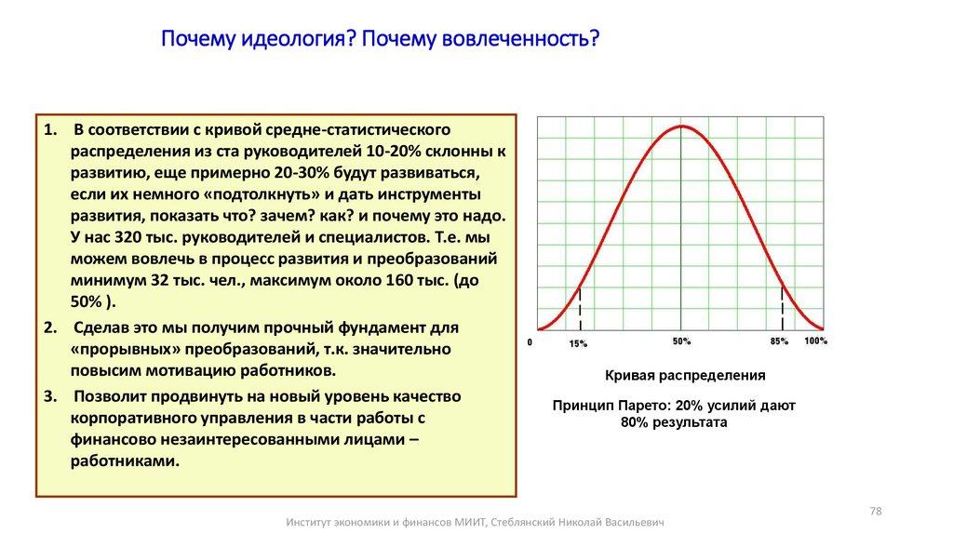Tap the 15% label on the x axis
point(578,344)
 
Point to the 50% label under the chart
point(681,341)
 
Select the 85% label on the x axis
point(779,341)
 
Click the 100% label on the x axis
point(815,341)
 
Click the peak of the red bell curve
point(681,125)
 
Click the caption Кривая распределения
point(685,376)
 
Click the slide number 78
point(875,511)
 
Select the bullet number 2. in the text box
point(50,327)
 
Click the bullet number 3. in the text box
point(50,395)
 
